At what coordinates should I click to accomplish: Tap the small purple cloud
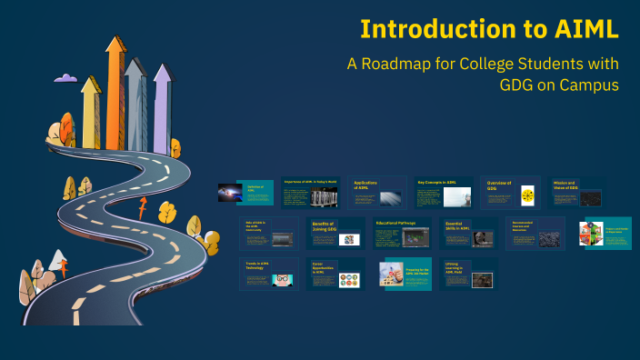[65, 79]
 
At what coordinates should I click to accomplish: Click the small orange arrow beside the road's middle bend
[141, 212]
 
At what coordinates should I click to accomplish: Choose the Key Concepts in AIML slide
[445, 193]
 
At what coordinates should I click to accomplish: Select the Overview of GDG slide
[509, 193]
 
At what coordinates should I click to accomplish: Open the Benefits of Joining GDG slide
[336, 234]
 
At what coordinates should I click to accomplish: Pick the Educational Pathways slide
[403, 234]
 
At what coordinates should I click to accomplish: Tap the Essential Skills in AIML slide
[470, 234]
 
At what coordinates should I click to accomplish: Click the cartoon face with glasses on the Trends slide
[283, 278]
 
